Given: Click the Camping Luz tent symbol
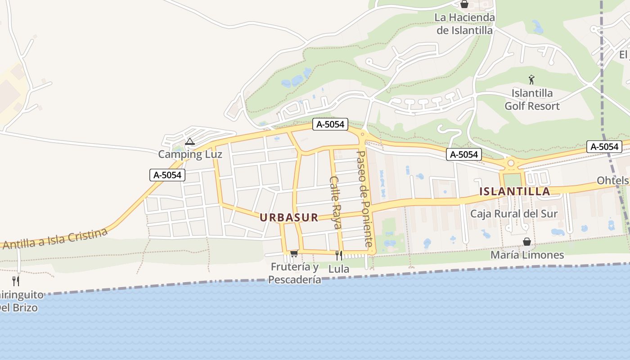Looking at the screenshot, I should (x=190, y=142).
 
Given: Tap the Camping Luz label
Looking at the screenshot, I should (x=190, y=154).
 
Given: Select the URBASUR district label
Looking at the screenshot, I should (x=289, y=218).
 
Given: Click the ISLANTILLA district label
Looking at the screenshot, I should (x=514, y=191).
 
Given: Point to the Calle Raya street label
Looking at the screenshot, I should (x=336, y=202).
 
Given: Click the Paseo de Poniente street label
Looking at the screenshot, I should (x=365, y=198).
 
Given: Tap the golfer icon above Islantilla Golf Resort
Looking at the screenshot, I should (x=531, y=80).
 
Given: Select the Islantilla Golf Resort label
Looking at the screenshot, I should (x=532, y=100).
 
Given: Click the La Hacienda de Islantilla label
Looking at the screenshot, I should (x=464, y=24).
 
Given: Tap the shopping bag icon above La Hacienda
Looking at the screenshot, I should (x=464, y=4).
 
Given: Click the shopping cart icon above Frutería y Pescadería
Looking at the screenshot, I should (x=294, y=254).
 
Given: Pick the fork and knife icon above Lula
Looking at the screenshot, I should (x=339, y=256).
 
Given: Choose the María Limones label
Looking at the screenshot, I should (x=527, y=255).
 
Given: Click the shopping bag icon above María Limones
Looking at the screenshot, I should (x=527, y=242).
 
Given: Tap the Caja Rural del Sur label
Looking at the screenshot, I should (x=513, y=214).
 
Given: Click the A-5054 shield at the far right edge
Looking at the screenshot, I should (x=604, y=147).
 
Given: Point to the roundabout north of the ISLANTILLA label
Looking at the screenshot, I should (x=511, y=163).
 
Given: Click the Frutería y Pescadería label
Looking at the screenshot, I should (x=295, y=273).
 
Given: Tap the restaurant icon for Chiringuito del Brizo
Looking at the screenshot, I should (x=16, y=281).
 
